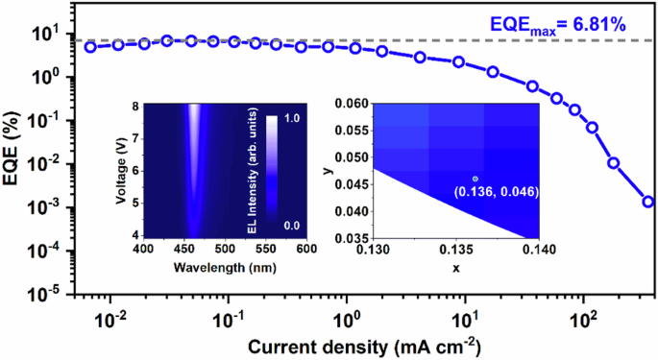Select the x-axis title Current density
tap(340, 345)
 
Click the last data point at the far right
tap(648, 202)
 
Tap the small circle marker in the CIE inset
tap(475, 179)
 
